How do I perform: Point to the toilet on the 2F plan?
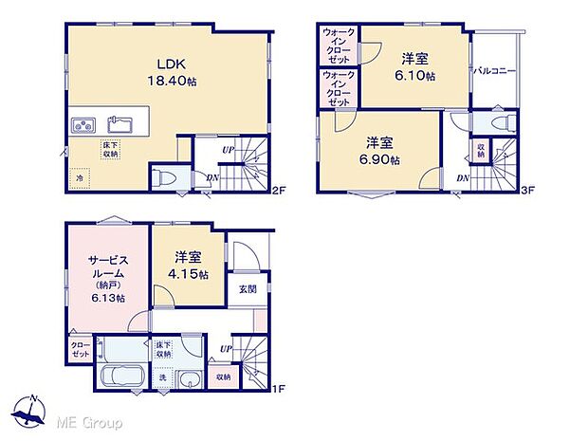click(x=163, y=177)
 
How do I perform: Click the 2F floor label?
click(x=278, y=190)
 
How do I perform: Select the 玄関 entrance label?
click(x=246, y=289)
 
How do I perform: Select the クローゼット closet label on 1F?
click(x=80, y=350)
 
